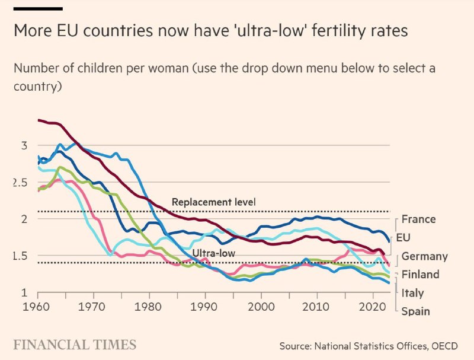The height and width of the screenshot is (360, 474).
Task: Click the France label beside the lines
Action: (418, 219)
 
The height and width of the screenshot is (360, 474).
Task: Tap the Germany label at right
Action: (424, 257)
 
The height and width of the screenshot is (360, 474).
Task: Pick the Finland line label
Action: (420, 275)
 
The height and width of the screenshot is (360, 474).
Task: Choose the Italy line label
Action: (412, 293)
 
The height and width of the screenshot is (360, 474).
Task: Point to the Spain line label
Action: (415, 311)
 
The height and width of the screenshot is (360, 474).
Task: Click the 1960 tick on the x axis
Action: (37, 308)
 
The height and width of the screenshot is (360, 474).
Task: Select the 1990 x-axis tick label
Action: (206, 308)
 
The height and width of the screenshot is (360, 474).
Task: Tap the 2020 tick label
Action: (373, 308)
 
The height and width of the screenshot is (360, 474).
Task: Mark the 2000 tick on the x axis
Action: (261, 308)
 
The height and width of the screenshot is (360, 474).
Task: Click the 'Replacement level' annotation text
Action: (213, 202)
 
